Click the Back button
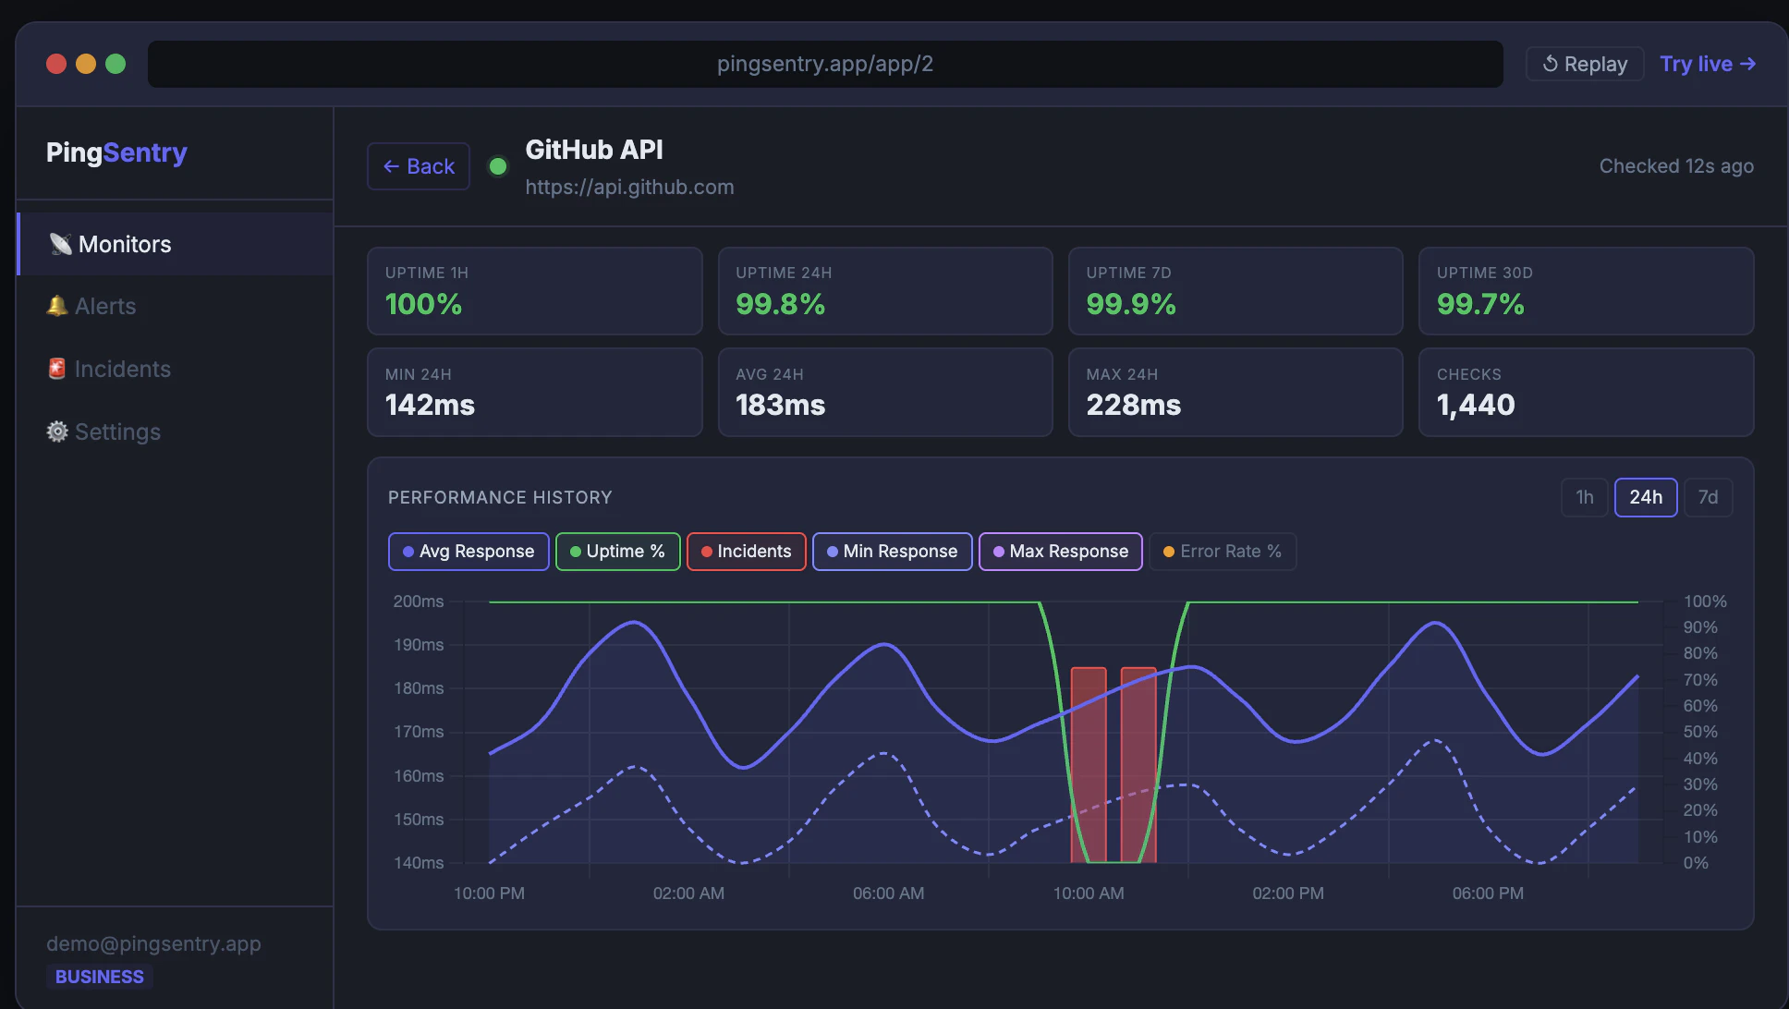[x=419, y=166]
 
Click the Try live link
[x=1707, y=64]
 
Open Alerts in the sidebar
[x=104, y=306]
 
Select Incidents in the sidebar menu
[x=121, y=369]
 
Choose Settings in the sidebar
[x=116, y=432]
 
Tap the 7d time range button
[x=1708, y=497]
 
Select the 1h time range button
[x=1584, y=497]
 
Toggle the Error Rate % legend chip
[x=1222, y=552]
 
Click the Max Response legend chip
[x=1060, y=552]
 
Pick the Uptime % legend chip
[x=617, y=552]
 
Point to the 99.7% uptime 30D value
[x=1480, y=304]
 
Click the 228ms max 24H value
[x=1133, y=405]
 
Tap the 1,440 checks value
[x=1476, y=405]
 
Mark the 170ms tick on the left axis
[x=419, y=732]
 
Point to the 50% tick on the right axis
[x=1699, y=732]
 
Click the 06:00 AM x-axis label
[x=888, y=894]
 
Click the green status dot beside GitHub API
[x=498, y=166]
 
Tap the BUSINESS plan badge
[x=99, y=977]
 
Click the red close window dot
[x=56, y=64]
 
